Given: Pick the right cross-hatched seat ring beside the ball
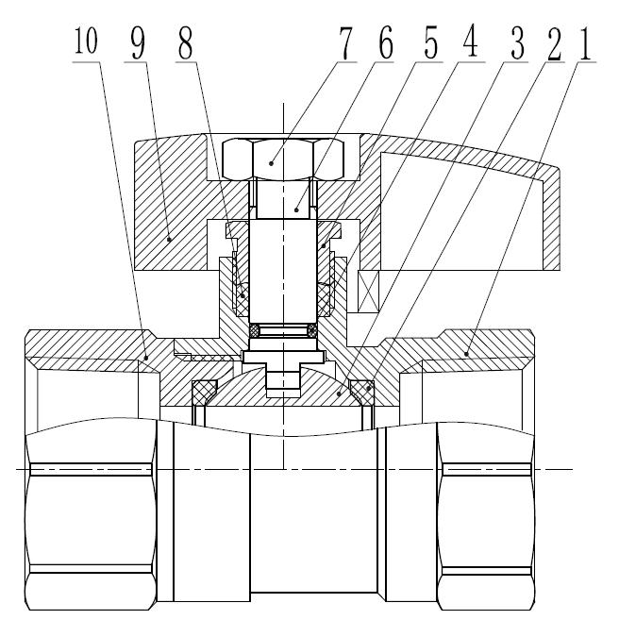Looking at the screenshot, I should (x=361, y=389).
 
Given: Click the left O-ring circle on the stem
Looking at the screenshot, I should (x=255, y=329).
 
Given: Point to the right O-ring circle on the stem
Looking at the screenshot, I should (x=311, y=329).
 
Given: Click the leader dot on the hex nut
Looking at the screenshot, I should (x=271, y=162).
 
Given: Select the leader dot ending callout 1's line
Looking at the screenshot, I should (x=468, y=353).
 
